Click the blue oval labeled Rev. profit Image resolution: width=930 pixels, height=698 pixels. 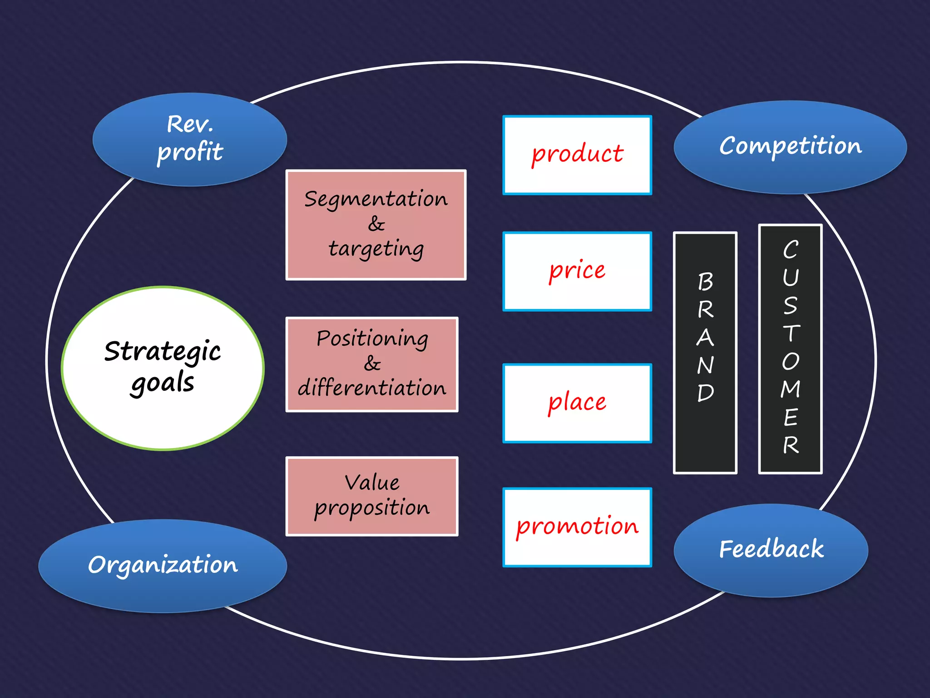pyautogui.click(x=189, y=139)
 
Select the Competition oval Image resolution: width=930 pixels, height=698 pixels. pyautogui.click(x=790, y=146)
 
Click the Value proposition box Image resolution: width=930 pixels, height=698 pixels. pyautogui.click(x=371, y=496)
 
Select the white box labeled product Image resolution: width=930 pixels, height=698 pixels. pyautogui.click(x=577, y=155)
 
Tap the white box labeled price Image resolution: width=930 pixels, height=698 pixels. pyautogui.click(x=577, y=271)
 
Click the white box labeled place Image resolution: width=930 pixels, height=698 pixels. pyautogui.click(x=577, y=403)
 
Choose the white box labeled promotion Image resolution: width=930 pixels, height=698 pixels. pyautogui.click(x=577, y=527)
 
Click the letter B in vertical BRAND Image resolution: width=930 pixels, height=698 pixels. pyautogui.click(x=705, y=282)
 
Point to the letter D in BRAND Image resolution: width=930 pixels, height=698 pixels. pyautogui.click(x=705, y=393)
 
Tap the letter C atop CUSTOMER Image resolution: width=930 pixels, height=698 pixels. pyautogui.click(x=790, y=249)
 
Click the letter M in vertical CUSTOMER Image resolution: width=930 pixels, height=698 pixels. pyautogui.click(x=790, y=389)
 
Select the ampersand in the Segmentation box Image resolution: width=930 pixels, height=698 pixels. pyautogui.click(x=376, y=224)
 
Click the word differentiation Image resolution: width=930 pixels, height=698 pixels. pyautogui.click(x=372, y=388)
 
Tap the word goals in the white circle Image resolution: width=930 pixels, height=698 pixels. pyautogui.click(x=162, y=383)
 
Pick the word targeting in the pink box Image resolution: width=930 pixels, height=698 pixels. pyautogui.click(x=376, y=249)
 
